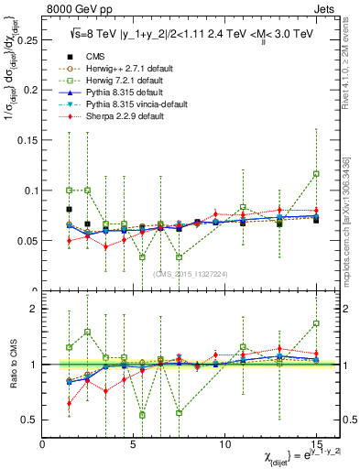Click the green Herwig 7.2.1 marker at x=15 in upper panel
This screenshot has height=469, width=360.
[x=316, y=173]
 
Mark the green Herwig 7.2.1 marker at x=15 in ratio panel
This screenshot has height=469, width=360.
[x=316, y=323]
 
